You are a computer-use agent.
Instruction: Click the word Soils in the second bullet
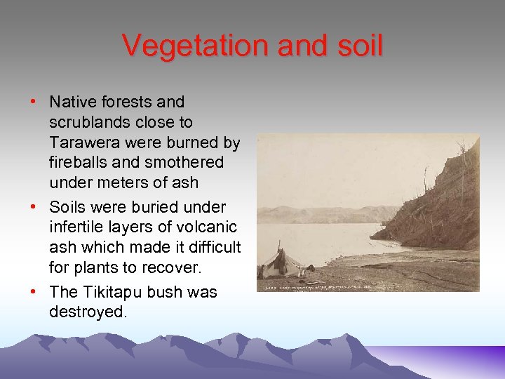click(x=67, y=207)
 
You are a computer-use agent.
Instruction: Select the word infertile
click(x=76, y=227)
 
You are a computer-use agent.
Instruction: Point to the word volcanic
click(x=210, y=227)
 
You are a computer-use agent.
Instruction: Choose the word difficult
click(x=210, y=247)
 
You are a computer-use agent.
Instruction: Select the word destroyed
click(x=88, y=312)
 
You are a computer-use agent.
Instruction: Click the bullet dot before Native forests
click(x=33, y=102)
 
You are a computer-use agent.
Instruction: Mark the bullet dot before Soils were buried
click(x=33, y=208)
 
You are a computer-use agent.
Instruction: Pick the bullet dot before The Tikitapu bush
click(x=33, y=292)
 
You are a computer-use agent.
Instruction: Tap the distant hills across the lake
click(x=323, y=213)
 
